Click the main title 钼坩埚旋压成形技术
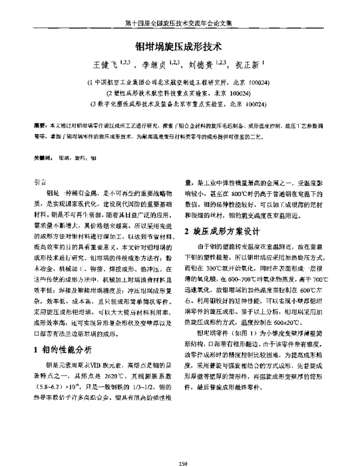pyautogui.click(x=180, y=45)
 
